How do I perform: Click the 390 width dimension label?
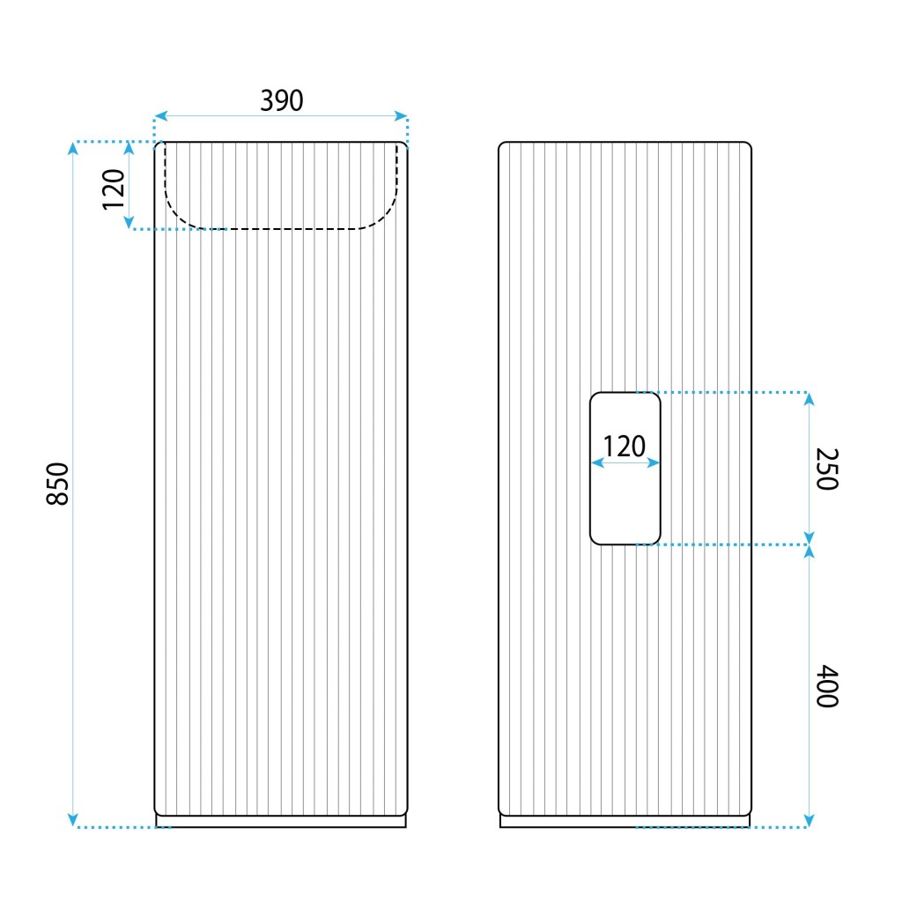coord(281,100)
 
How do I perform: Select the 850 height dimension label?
coord(57,484)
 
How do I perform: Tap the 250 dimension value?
coord(827,469)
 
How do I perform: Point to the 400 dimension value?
coord(827,685)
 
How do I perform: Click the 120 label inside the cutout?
coord(625,447)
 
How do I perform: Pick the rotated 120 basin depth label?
coord(114,190)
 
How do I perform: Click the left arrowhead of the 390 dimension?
coord(160,115)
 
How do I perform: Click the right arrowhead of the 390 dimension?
coord(401,115)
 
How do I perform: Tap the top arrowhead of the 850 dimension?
coord(72,148)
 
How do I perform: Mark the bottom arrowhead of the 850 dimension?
coord(72,820)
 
